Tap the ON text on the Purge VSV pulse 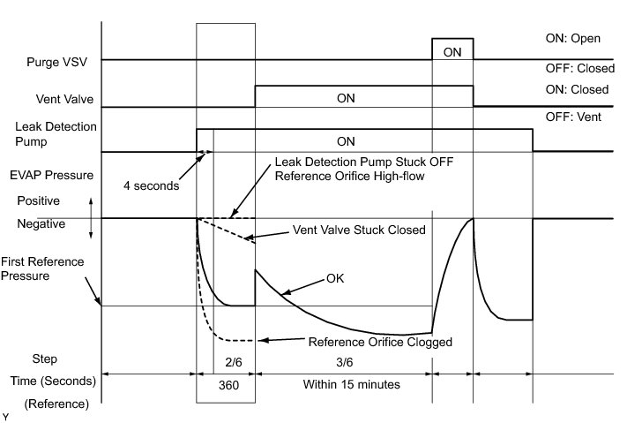click(x=452, y=52)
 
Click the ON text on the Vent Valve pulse click(x=347, y=98)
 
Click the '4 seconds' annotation click(x=151, y=185)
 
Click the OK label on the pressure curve click(x=336, y=278)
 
